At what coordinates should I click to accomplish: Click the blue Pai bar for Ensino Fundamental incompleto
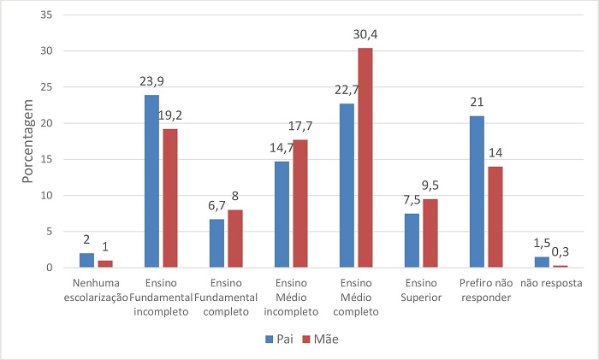click(x=151, y=181)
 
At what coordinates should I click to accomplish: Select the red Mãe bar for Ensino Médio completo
click(x=365, y=158)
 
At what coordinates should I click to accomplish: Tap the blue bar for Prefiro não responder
click(x=477, y=192)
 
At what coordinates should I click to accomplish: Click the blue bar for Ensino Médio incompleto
click(x=282, y=215)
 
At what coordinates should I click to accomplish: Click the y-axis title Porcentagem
click(x=27, y=145)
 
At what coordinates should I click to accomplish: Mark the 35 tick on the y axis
click(x=45, y=15)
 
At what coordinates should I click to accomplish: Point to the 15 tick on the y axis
click(x=45, y=160)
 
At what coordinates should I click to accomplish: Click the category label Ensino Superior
click(x=420, y=291)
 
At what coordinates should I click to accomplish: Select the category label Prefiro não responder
click(x=485, y=291)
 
